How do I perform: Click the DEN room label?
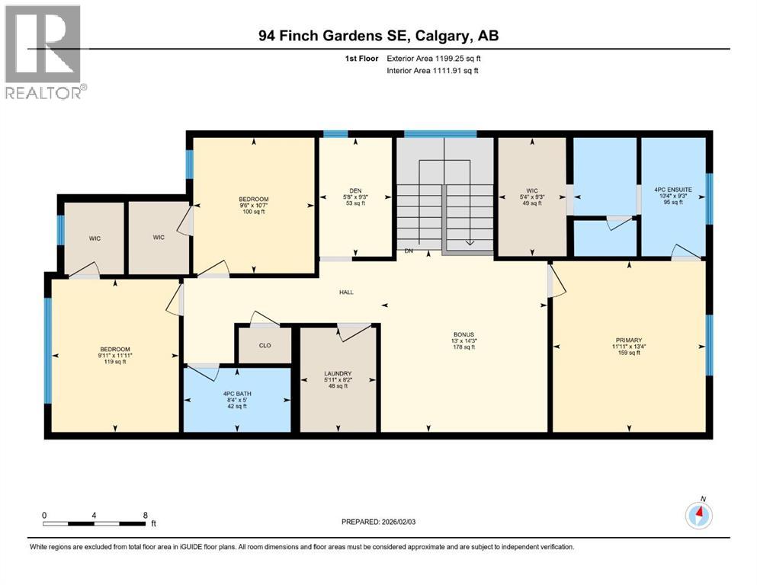coord(355,191)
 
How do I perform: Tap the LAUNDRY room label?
coord(338,374)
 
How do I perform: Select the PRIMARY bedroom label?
coord(629,340)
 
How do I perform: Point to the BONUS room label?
coord(464,334)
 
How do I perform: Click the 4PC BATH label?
coord(237,394)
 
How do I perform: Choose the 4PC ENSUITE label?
coord(673,190)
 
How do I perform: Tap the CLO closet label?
coord(265,345)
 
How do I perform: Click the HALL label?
coord(346,292)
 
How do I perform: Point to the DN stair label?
coord(409,251)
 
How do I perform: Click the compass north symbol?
coord(699,514)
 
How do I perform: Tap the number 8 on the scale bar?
coord(146,516)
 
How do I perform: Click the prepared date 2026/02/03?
coord(398,522)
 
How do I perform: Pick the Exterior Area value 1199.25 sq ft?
coord(458,59)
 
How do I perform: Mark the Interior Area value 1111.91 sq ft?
coord(456,70)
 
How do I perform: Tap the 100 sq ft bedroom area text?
coord(253,212)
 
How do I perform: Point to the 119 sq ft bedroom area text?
coord(115,362)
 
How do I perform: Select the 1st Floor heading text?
coord(361,59)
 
